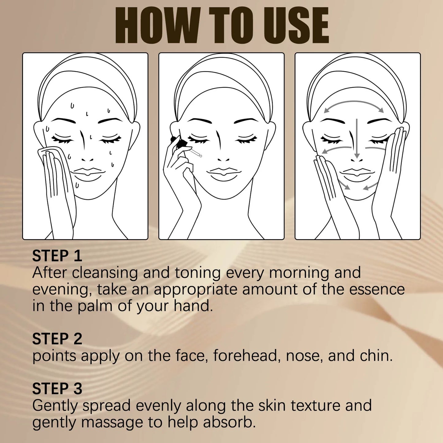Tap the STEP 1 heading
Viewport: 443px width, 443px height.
(x=57, y=256)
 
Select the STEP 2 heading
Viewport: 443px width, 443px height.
(x=57, y=339)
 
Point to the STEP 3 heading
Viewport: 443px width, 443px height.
(x=57, y=388)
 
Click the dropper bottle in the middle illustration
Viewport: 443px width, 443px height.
(x=181, y=143)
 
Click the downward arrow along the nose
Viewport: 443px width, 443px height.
(x=357, y=138)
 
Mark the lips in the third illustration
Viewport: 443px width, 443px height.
(x=357, y=173)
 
